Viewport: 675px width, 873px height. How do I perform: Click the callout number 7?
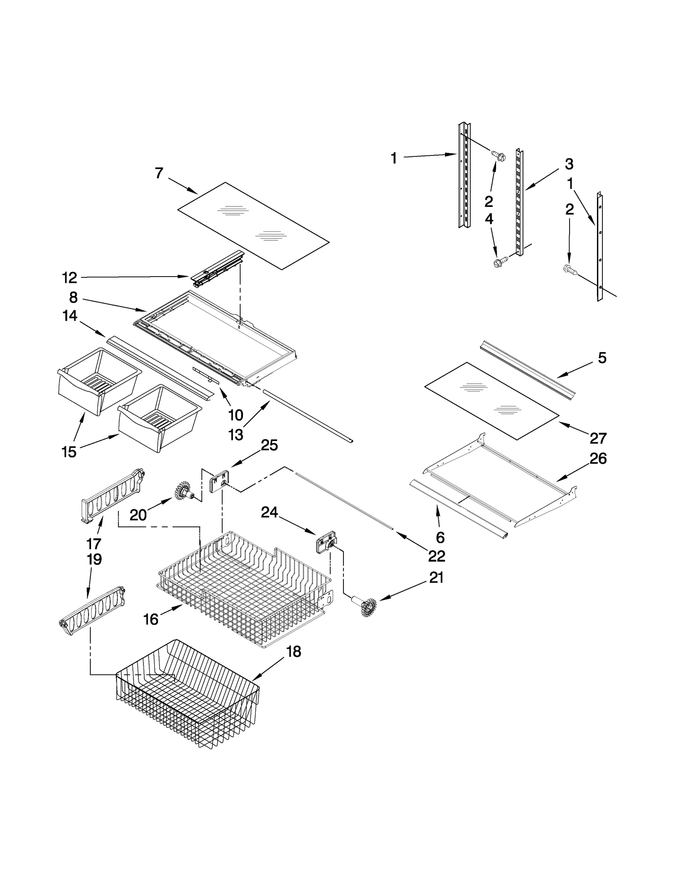click(159, 173)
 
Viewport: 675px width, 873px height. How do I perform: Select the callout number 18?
click(294, 652)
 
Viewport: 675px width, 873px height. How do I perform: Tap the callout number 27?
click(598, 438)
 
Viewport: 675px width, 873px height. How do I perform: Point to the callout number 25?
click(269, 445)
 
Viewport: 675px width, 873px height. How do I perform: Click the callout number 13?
click(235, 435)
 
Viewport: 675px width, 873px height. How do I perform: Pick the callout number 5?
click(602, 358)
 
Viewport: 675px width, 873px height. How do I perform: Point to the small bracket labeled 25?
click(219, 481)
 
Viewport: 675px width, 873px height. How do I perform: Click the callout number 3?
click(569, 164)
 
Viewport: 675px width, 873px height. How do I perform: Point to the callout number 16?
click(151, 619)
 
